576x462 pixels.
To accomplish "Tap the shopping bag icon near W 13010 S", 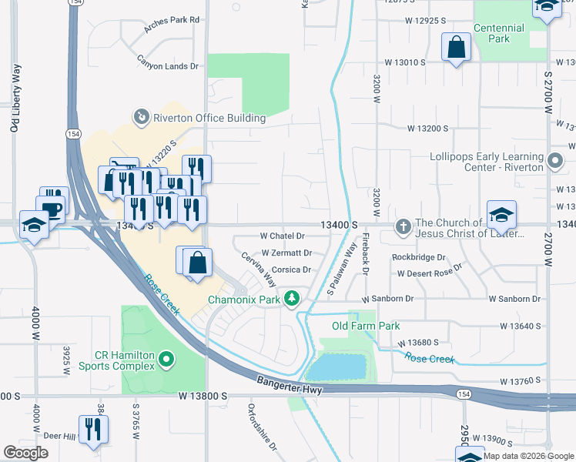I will (x=456, y=47).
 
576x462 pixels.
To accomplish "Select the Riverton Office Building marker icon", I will (x=141, y=117).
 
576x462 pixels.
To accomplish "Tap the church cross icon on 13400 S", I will (x=403, y=226).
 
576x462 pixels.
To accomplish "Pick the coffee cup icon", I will (x=52, y=209).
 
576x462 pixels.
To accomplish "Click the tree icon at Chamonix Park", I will (x=291, y=298).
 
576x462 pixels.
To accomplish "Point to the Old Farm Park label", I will (x=366, y=326).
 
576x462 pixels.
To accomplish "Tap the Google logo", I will (x=25, y=453).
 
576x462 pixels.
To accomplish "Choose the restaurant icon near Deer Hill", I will (x=93, y=429).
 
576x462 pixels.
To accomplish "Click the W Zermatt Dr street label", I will (x=286, y=253).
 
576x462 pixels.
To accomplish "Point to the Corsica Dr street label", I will (x=291, y=270).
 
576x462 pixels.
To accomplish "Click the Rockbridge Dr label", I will (x=419, y=257).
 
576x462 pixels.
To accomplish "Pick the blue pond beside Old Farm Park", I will (x=337, y=367).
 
